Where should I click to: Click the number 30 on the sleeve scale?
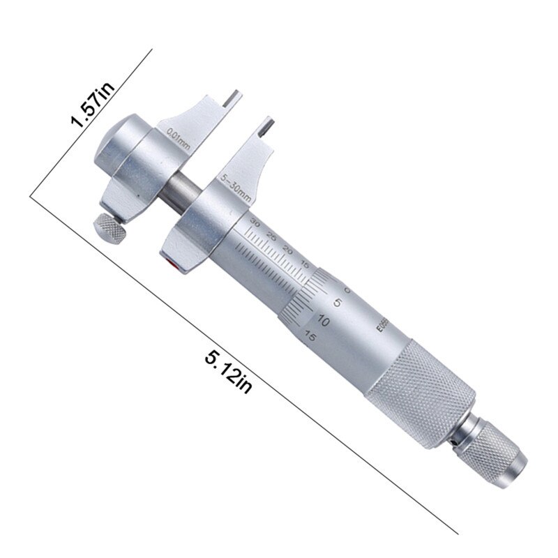[255, 224]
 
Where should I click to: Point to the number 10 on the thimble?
[323, 321]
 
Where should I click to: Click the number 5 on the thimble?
[338, 303]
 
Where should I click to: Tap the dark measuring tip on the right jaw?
[267, 128]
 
